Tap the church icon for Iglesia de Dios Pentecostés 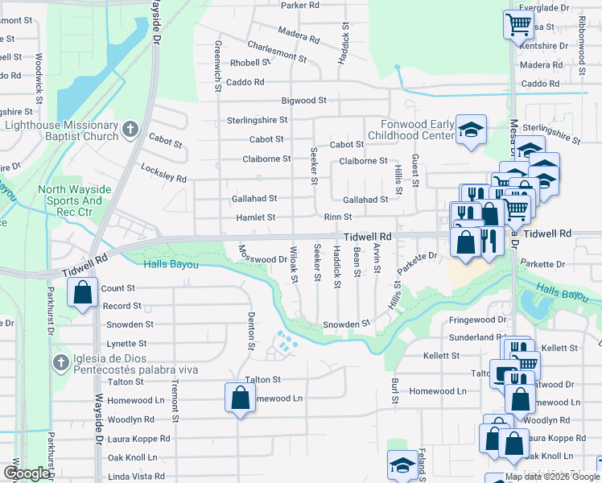(60, 362)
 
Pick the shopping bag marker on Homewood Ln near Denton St (240, 398)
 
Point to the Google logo (27, 473)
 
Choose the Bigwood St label (303, 101)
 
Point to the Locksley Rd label (163, 173)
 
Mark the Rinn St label (337, 217)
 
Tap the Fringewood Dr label (477, 320)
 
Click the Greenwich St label (218, 65)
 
